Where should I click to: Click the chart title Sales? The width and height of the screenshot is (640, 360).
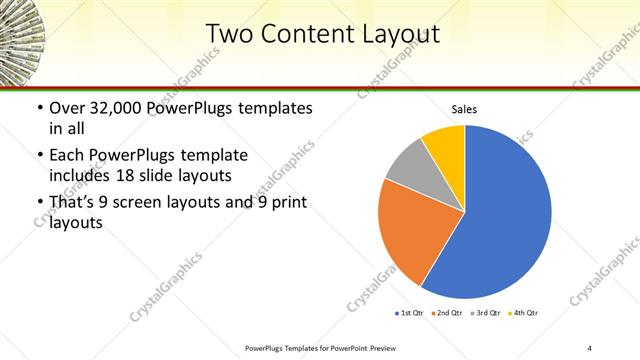click(x=465, y=109)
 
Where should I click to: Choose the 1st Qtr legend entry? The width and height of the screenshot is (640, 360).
click(x=410, y=314)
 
